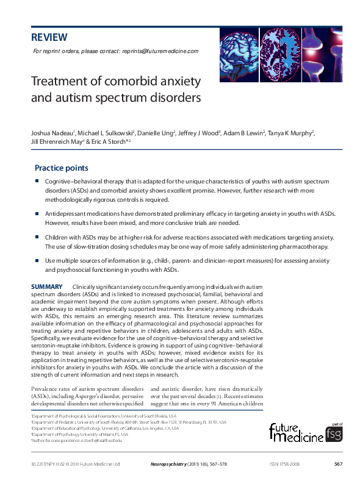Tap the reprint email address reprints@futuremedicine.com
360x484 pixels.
point(160,51)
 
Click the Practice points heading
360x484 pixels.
point(61,168)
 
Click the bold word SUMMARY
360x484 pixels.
point(46,286)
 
